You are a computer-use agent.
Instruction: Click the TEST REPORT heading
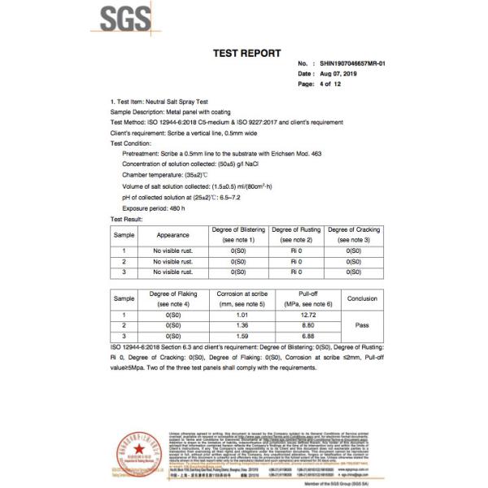point(246,54)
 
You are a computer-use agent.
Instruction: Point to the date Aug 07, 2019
point(346,74)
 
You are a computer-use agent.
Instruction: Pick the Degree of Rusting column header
point(296,235)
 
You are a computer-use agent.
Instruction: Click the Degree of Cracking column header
point(354,235)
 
